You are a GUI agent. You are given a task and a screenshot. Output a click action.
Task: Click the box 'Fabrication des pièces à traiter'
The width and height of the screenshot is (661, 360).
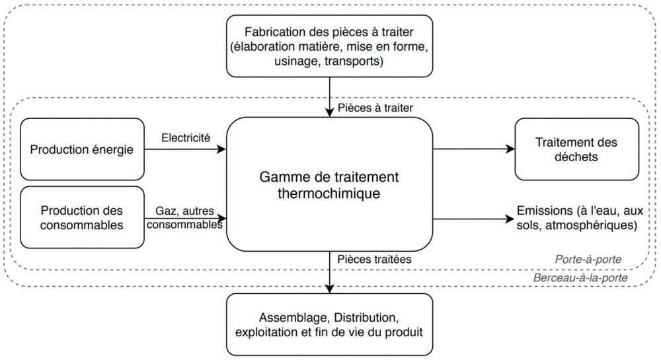(x=329, y=45)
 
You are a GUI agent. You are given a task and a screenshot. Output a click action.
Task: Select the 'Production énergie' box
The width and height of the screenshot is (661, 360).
(x=82, y=149)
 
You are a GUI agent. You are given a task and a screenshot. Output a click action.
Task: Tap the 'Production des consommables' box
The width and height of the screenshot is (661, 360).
(x=82, y=217)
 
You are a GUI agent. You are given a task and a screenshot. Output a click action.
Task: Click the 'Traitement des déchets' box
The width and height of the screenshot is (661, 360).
(x=576, y=149)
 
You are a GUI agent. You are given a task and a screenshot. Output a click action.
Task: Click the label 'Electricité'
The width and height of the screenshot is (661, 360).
(x=186, y=138)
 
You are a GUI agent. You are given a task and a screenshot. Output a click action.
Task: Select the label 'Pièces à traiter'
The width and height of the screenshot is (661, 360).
(x=375, y=107)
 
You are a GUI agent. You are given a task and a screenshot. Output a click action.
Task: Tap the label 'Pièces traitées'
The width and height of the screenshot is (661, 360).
(x=373, y=260)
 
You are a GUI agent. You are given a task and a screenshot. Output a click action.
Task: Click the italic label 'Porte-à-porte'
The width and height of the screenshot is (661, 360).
(x=588, y=260)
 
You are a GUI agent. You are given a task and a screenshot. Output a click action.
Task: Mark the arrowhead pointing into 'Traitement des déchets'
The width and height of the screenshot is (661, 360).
(x=510, y=149)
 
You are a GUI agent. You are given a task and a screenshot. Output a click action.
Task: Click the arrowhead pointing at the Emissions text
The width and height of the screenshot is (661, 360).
(x=510, y=217)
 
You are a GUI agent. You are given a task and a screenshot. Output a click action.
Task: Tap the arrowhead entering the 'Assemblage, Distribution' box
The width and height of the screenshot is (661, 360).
(x=329, y=289)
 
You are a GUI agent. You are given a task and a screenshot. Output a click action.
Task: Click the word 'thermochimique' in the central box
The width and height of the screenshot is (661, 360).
(x=329, y=194)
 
